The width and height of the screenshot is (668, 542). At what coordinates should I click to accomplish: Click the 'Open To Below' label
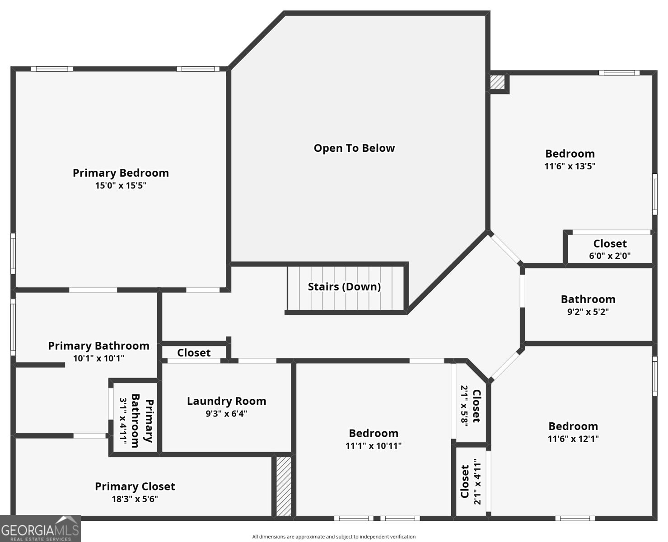(354, 148)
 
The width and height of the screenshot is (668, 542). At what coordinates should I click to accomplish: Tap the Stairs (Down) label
(344, 287)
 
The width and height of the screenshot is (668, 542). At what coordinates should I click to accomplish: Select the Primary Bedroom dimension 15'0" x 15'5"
(121, 185)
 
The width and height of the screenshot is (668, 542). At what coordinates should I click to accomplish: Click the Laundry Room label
(226, 401)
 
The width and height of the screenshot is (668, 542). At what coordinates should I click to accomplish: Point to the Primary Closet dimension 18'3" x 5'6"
(135, 499)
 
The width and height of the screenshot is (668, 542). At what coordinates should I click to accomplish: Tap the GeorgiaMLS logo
(40, 529)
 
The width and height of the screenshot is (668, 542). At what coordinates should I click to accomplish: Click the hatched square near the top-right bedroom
(497, 82)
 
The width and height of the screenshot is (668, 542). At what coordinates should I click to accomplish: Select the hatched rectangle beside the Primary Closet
(284, 486)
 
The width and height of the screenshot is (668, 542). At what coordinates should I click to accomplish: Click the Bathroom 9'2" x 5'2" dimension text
(588, 312)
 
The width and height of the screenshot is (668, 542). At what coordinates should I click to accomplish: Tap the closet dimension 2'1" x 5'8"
(464, 406)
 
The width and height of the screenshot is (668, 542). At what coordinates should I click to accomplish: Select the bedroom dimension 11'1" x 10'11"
(374, 446)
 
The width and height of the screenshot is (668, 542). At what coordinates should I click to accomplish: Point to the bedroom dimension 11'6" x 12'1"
(573, 439)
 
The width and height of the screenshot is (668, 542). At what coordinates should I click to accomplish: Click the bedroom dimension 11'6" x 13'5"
(570, 166)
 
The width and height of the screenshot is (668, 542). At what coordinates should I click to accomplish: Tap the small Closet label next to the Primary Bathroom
(194, 353)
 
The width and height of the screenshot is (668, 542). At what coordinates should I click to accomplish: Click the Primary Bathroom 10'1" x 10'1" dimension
(98, 358)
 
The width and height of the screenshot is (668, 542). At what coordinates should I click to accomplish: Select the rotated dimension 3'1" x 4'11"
(123, 421)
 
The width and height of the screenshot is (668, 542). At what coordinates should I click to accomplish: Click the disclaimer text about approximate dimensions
(334, 537)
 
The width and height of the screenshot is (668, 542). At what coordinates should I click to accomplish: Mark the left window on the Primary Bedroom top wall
(52, 69)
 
